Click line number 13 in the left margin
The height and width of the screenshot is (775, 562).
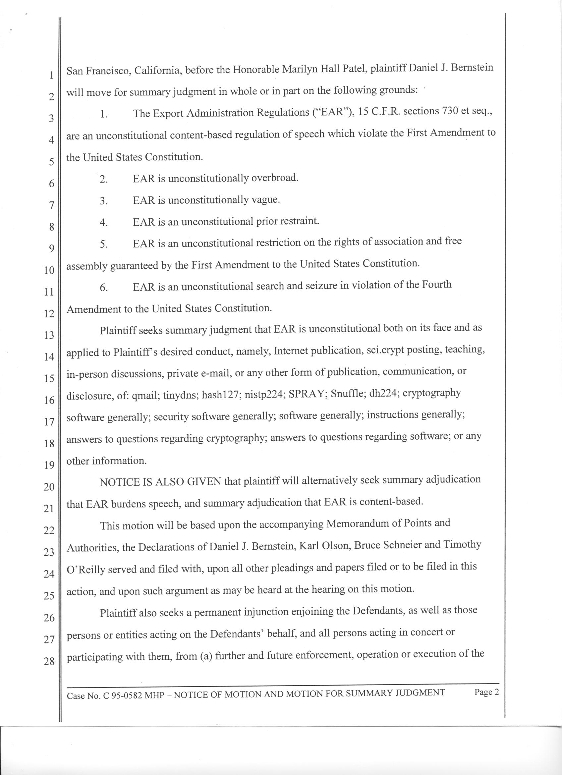click(x=49, y=335)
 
